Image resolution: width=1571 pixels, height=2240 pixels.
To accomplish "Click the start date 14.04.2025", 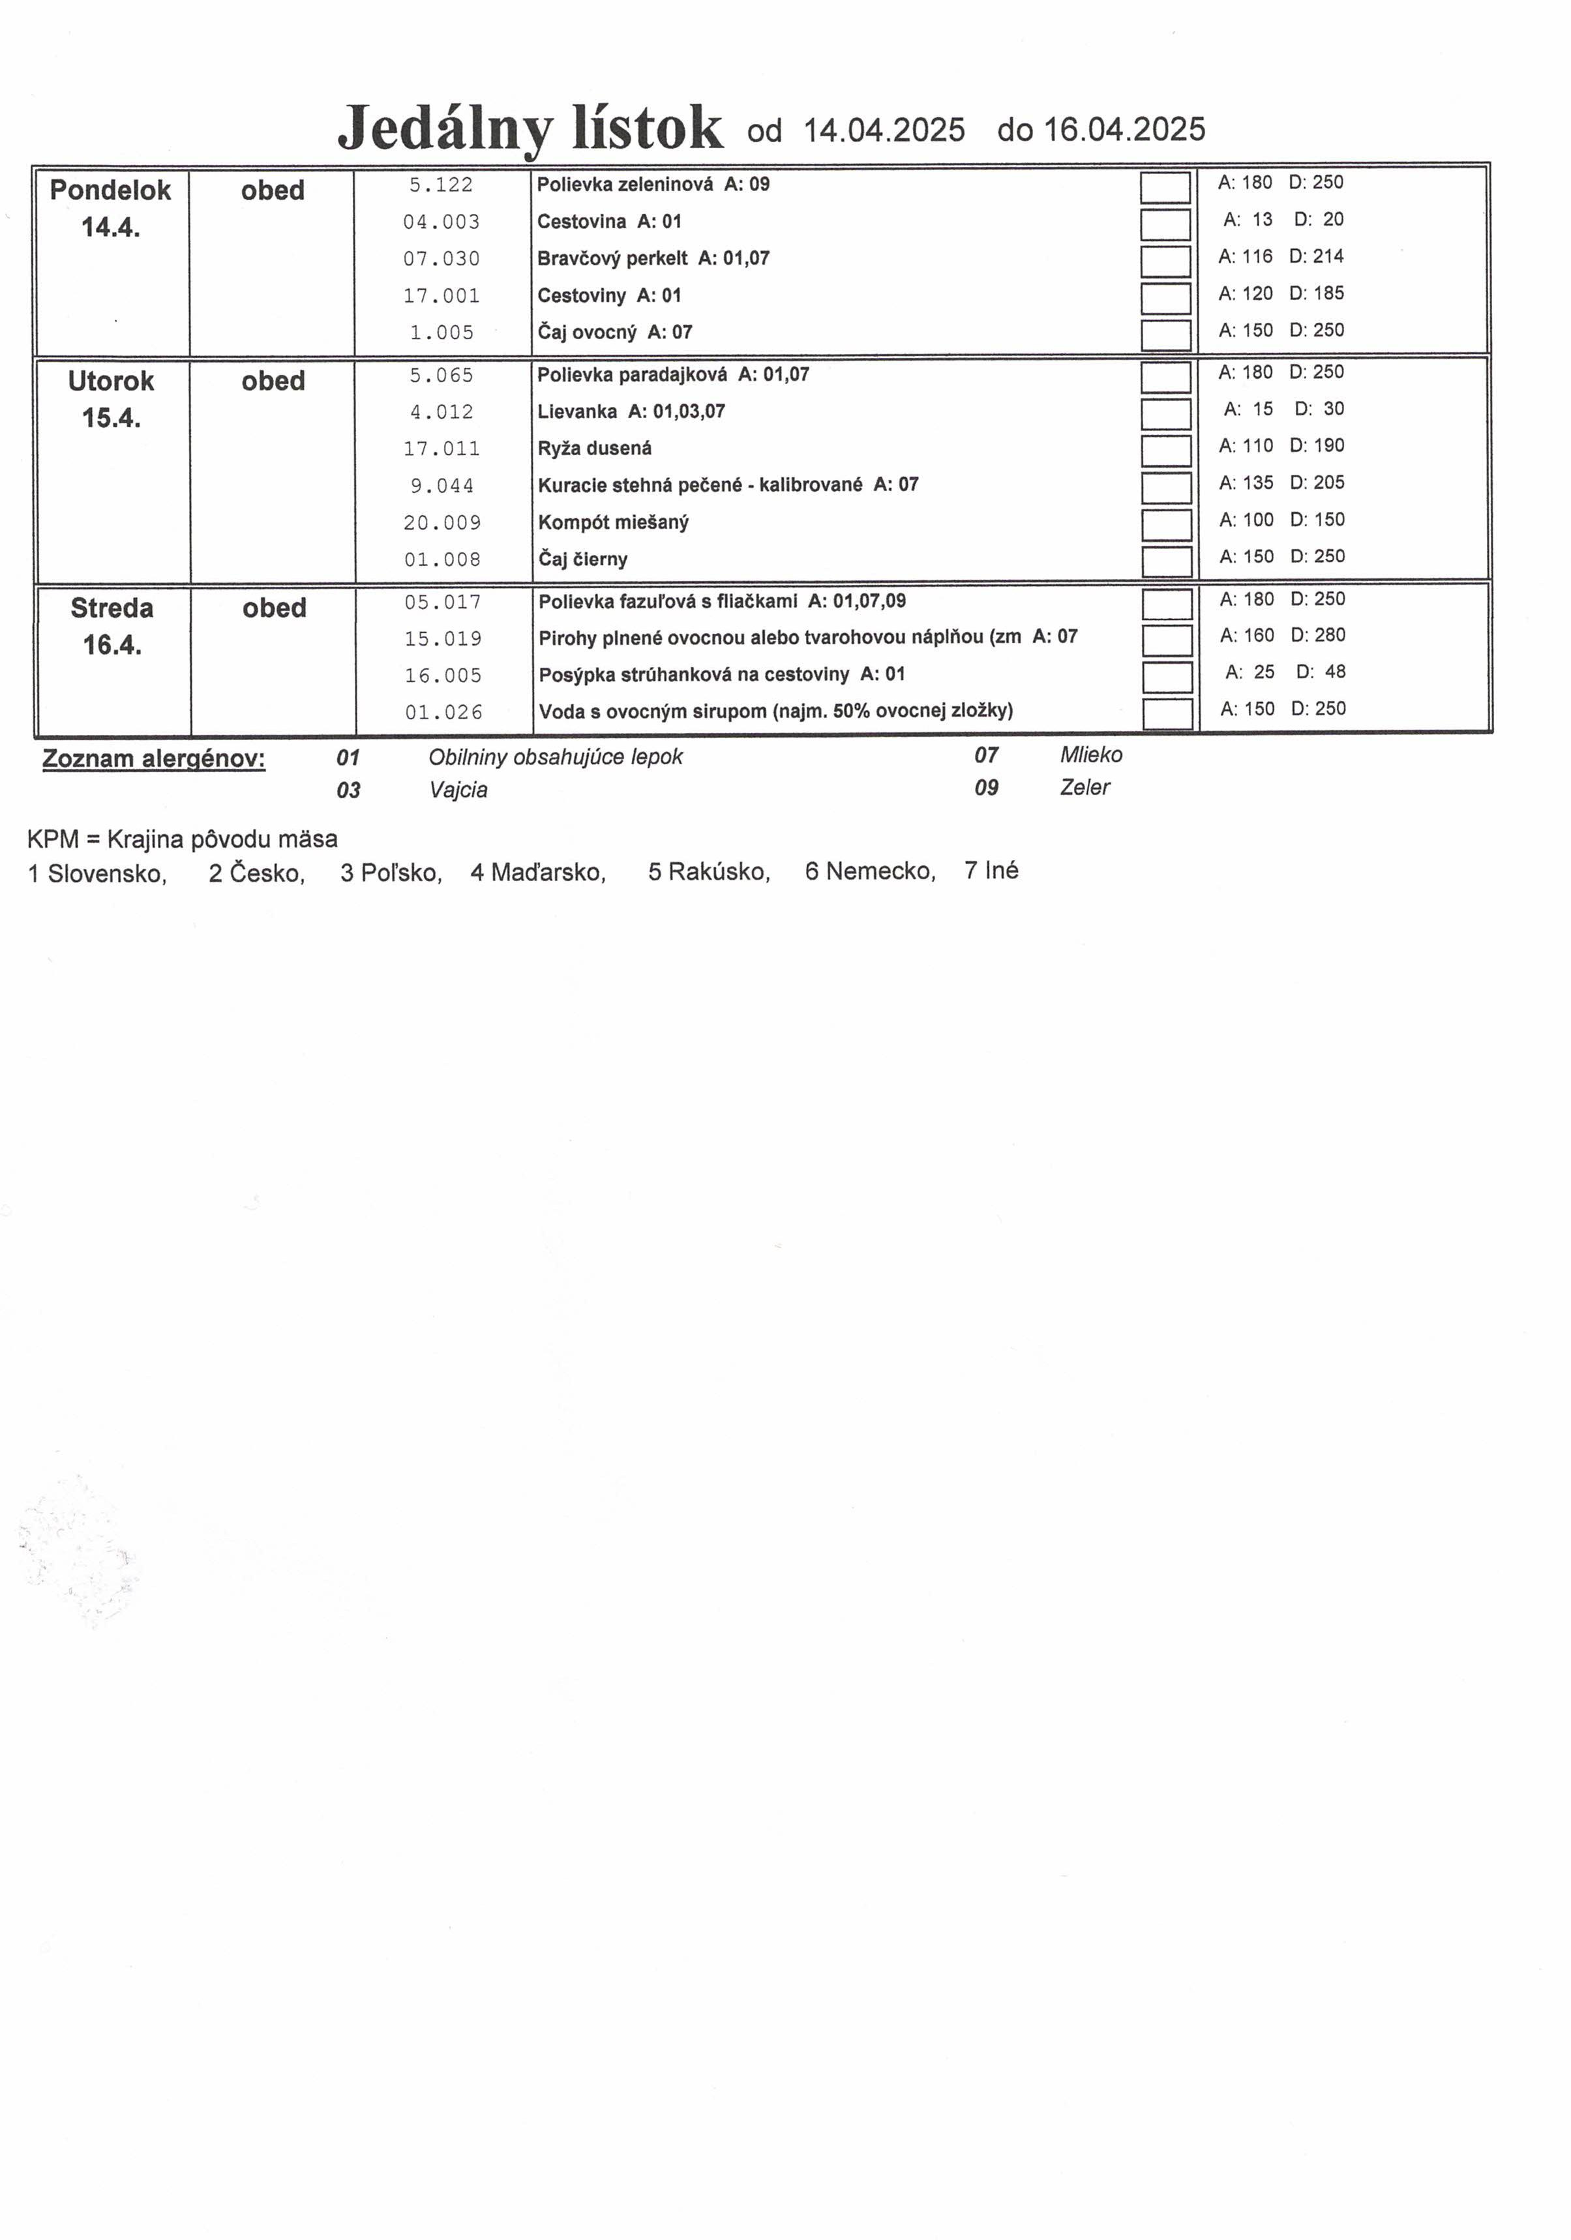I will [x=884, y=130].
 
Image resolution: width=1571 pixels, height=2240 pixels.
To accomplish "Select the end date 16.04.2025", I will [x=1124, y=130].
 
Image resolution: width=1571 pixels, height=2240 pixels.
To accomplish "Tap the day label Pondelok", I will [x=110, y=190].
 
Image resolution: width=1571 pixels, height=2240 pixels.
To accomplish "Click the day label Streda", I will [x=112, y=608].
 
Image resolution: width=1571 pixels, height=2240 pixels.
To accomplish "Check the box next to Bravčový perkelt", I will [x=1165, y=260].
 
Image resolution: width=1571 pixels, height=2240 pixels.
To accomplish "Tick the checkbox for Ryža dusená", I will [x=1166, y=450].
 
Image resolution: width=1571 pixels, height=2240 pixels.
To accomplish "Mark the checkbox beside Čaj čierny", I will [x=1166, y=561].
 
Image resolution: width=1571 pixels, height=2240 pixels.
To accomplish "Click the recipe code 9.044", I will [x=442, y=486].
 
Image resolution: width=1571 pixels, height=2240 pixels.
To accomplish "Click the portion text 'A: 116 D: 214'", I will [x=1280, y=256].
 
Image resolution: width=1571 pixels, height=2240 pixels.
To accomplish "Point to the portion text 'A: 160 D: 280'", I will [x=1282, y=635].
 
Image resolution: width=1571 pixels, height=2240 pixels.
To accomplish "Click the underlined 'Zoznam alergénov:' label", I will [x=153, y=759].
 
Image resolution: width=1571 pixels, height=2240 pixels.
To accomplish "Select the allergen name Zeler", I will [x=1084, y=787].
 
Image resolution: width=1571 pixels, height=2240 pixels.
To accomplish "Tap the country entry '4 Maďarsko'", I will [x=537, y=872].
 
